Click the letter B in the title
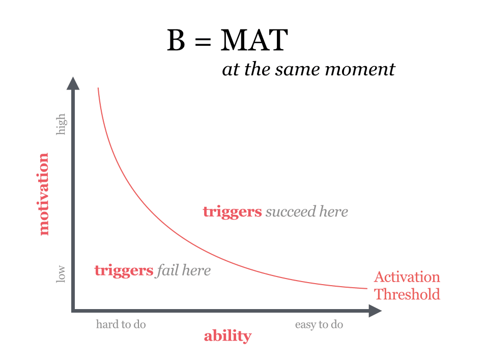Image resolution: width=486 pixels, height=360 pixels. [176, 41]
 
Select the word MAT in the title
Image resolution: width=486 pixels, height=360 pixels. [254, 41]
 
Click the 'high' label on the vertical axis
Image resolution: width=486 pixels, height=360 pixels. [61, 124]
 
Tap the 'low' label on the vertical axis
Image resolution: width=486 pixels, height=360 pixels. [61, 273]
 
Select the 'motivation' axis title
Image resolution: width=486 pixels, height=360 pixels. [44, 194]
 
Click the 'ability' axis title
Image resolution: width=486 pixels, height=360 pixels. [227, 336]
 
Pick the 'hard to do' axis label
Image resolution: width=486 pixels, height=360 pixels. [121, 324]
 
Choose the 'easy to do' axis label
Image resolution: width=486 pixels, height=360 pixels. [319, 324]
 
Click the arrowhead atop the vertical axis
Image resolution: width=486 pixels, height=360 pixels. [73, 83]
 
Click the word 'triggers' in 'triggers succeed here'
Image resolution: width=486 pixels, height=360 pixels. [232, 211]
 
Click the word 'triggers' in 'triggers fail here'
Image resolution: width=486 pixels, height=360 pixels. [124, 270]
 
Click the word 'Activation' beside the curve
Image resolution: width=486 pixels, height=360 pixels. [407, 277]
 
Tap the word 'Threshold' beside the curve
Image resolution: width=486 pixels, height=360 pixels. [407, 294]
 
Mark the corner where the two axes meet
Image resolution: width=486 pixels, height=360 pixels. [73, 310]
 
